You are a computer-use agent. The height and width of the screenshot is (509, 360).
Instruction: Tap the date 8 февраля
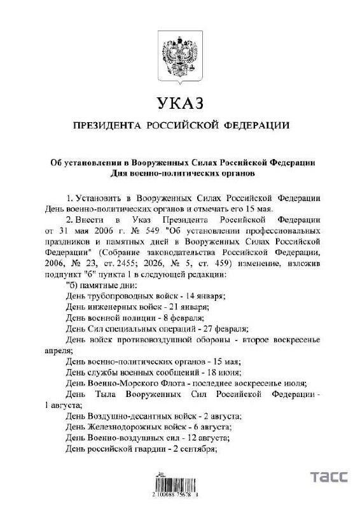click(x=171, y=317)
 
